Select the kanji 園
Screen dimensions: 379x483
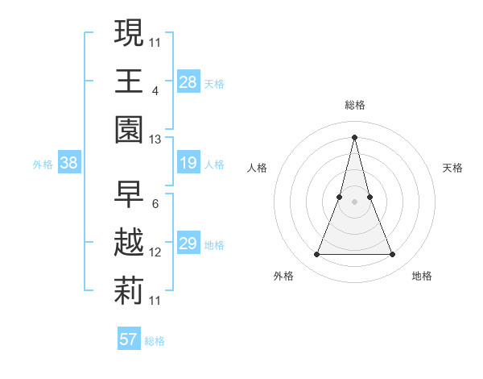[130, 129]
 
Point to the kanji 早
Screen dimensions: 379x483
[130, 194]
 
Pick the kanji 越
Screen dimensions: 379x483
[130, 243]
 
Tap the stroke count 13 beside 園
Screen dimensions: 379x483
[155, 140]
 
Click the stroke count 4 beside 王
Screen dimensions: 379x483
[155, 90]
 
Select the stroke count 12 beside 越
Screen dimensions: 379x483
[155, 252]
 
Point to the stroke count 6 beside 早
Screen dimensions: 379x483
[155, 203]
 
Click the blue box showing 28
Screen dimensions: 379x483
[188, 81]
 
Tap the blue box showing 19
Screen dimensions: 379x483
[188, 164]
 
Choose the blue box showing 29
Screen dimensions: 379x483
[188, 244]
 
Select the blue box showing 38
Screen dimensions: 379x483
[69, 164]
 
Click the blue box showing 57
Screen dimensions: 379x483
[129, 339]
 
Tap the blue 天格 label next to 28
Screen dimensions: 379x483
[214, 83]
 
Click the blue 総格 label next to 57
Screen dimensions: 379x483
[155, 341]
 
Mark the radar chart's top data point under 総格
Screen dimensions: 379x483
[354, 136]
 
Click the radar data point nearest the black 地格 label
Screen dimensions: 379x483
[393, 255]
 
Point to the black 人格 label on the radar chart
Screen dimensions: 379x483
[257, 168]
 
